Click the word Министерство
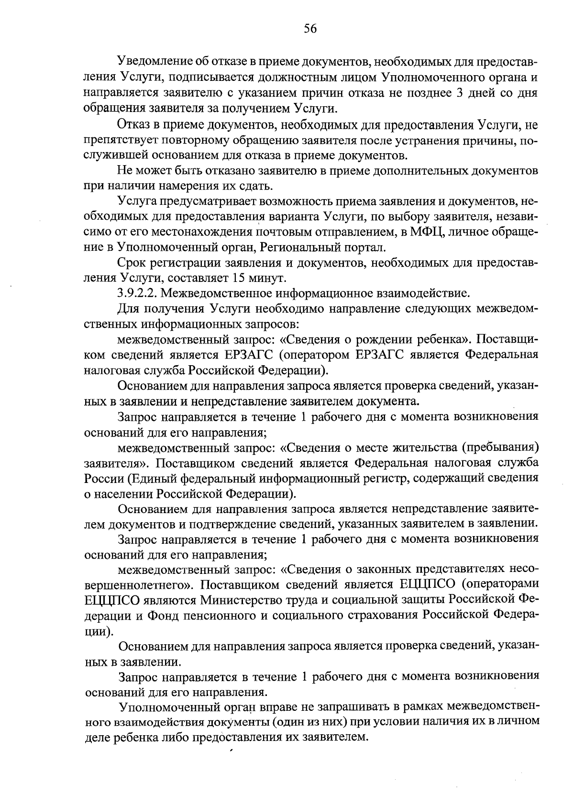pyautogui.click(x=240, y=600)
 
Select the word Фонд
pyautogui.click(x=165, y=615)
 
